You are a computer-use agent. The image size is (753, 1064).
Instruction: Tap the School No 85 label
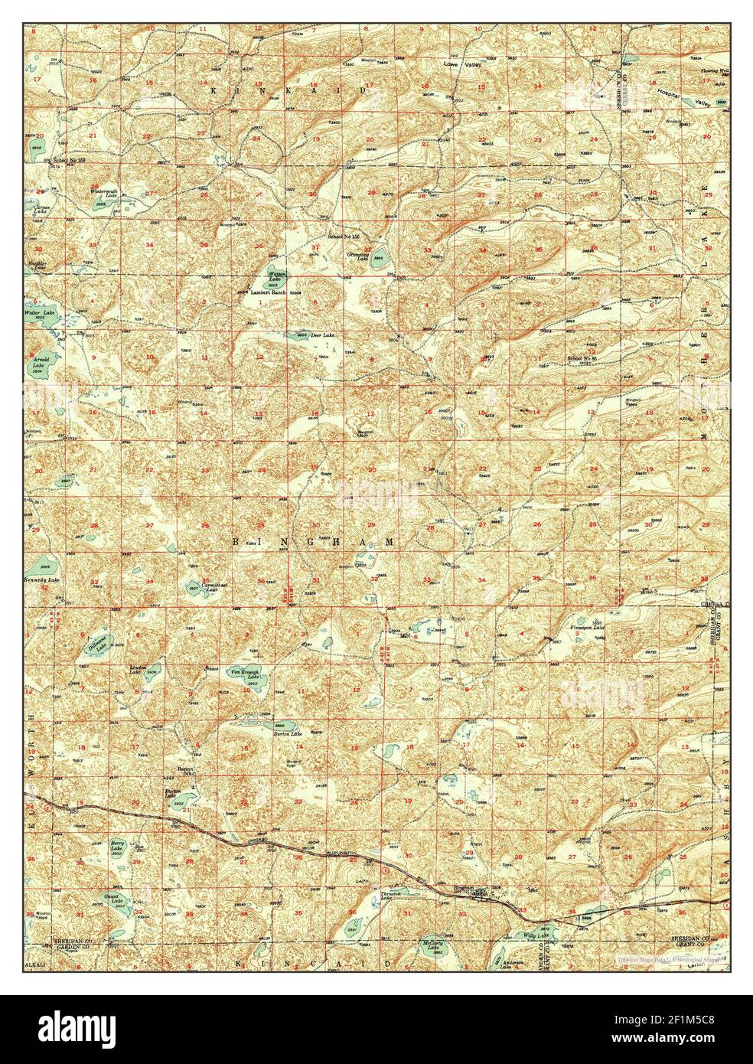(x=582, y=358)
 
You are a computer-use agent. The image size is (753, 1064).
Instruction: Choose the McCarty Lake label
(x=433, y=947)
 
